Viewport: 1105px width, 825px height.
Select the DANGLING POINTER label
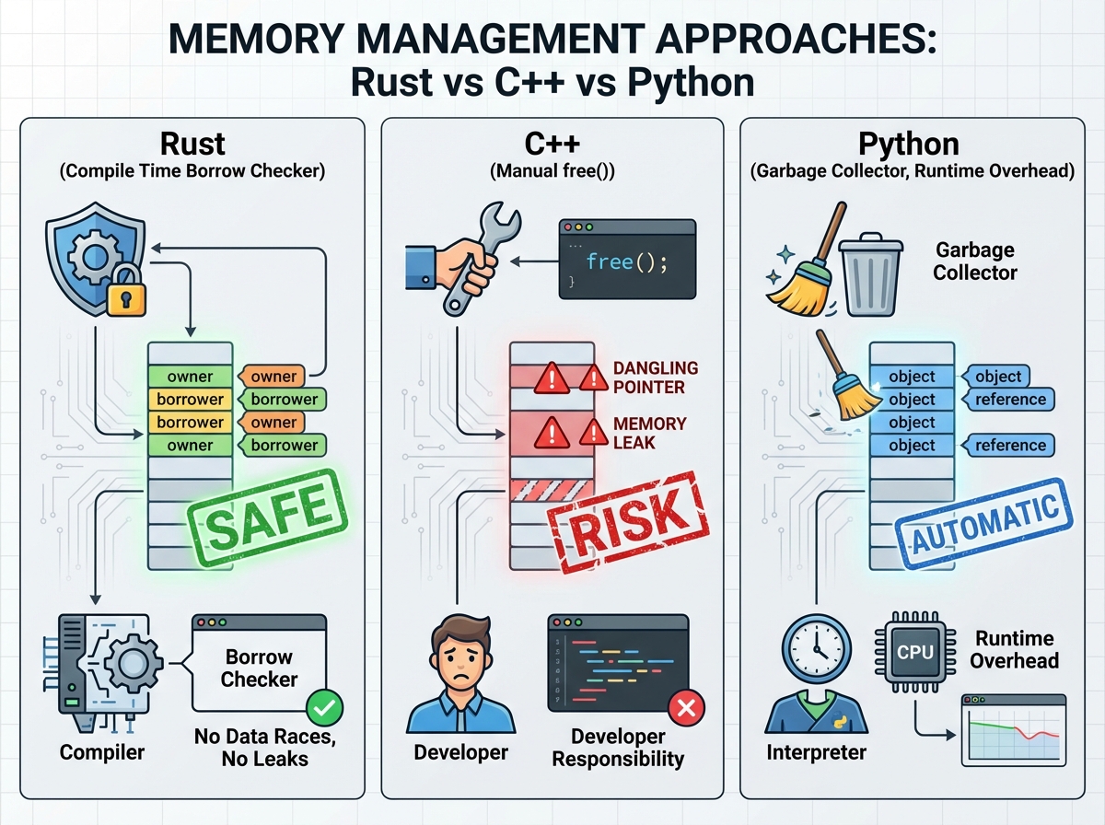pyautogui.click(x=656, y=378)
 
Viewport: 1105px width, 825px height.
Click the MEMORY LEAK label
pyautogui.click(x=650, y=433)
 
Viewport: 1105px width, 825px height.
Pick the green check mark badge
pyautogui.click(x=323, y=707)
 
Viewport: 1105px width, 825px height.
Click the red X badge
pyautogui.click(x=685, y=707)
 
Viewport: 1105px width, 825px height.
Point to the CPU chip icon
pyautogui.click(x=914, y=652)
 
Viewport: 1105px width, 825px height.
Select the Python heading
pyautogui.click(x=909, y=145)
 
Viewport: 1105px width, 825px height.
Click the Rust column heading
pyautogui.click(x=192, y=145)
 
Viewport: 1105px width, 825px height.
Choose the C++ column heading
pyautogui.click(x=550, y=145)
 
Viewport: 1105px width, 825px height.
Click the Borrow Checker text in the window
pyautogui.click(x=260, y=668)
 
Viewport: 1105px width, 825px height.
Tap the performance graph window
pyautogui.click(x=1013, y=729)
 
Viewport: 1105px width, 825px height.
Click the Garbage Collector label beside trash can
pyautogui.click(x=974, y=261)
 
